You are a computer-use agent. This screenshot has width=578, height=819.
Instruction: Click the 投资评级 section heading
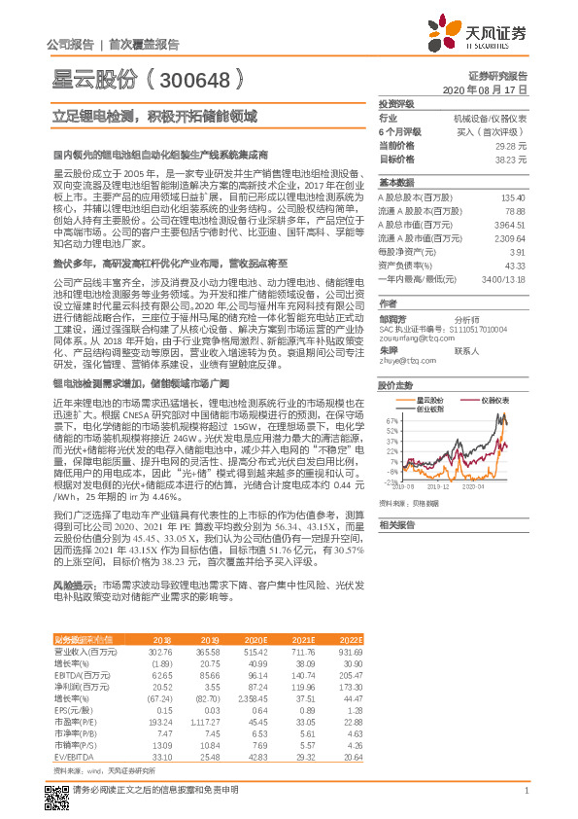point(396,102)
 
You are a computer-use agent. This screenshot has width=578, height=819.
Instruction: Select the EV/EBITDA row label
point(70,755)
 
